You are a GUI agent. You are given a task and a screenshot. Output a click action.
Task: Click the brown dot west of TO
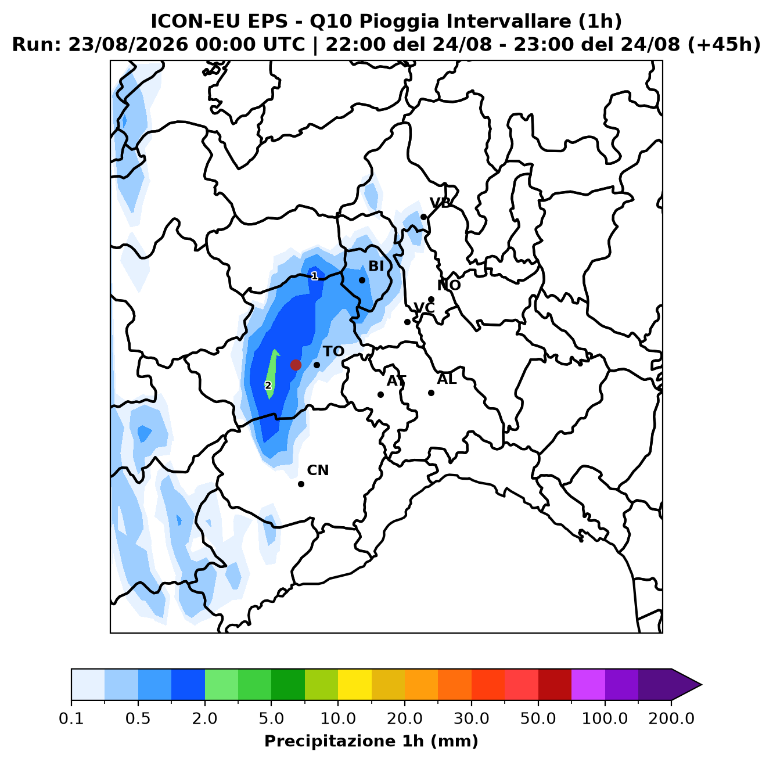(x=296, y=365)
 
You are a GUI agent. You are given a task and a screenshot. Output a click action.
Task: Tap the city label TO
(x=334, y=351)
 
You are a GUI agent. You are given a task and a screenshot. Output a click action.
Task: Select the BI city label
(x=376, y=266)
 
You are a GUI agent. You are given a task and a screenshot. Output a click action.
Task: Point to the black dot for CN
(x=301, y=484)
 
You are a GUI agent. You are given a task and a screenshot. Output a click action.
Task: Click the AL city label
(x=447, y=379)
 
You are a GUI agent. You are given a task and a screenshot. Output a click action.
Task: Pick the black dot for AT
(x=380, y=394)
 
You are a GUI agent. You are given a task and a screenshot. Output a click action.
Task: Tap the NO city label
(x=448, y=285)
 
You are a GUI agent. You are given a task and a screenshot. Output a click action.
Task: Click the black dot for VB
(x=423, y=217)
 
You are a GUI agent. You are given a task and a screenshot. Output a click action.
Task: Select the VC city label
(x=424, y=308)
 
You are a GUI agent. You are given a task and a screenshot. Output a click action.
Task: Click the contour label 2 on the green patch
(x=268, y=386)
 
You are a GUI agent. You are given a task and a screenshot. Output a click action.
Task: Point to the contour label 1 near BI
(x=315, y=276)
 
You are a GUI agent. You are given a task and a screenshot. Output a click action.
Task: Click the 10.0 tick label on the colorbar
(x=338, y=718)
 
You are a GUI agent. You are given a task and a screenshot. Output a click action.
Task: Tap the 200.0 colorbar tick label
(x=671, y=718)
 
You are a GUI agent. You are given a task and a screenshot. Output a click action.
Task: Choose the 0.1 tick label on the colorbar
(x=71, y=718)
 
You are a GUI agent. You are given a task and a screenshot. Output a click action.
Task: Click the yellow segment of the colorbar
(x=355, y=685)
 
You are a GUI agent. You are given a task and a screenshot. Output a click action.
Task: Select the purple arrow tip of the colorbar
(x=701, y=685)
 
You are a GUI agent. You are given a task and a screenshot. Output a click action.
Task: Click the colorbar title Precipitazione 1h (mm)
(x=372, y=741)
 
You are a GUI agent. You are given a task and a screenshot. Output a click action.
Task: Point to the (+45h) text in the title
(x=724, y=45)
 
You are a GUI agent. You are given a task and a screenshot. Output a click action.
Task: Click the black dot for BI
(x=362, y=280)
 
